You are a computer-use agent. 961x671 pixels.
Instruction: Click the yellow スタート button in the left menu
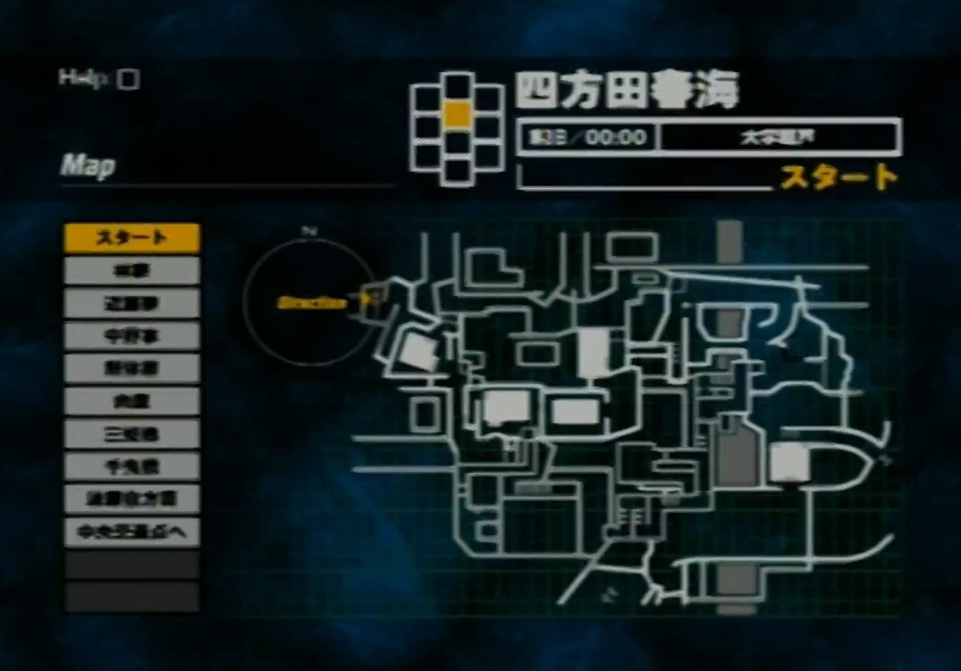pyautogui.click(x=132, y=238)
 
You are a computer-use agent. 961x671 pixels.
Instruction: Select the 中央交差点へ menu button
pyautogui.click(x=132, y=532)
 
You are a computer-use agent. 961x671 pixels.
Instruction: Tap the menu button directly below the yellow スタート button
pyautogui.click(x=132, y=271)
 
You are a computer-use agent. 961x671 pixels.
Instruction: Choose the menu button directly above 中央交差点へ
pyautogui.click(x=132, y=499)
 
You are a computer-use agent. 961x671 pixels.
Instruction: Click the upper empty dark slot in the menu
pyautogui.click(x=132, y=564)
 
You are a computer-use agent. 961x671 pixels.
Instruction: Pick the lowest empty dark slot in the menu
pyautogui.click(x=132, y=597)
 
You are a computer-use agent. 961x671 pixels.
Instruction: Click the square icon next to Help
pyautogui.click(x=128, y=80)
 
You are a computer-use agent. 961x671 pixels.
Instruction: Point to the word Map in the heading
pyautogui.click(x=88, y=166)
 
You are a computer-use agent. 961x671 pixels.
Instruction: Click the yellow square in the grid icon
pyautogui.click(x=457, y=114)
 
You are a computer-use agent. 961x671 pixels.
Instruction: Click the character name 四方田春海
pyautogui.click(x=627, y=91)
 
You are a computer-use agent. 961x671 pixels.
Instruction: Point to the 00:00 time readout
pyautogui.click(x=616, y=138)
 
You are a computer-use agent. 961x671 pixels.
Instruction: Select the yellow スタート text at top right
pyautogui.click(x=839, y=177)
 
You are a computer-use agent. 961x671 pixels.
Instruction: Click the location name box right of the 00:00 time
pyautogui.click(x=780, y=138)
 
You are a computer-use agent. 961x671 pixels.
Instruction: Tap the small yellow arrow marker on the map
pyautogui.click(x=365, y=297)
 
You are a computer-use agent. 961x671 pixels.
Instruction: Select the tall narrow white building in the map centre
pyautogui.click(x=594, y=352)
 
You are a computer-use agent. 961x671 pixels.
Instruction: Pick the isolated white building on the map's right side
pyautogui.click(x=789, y=463)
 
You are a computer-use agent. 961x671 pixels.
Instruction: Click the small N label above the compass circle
pyautogui.click(x=309, y=231)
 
